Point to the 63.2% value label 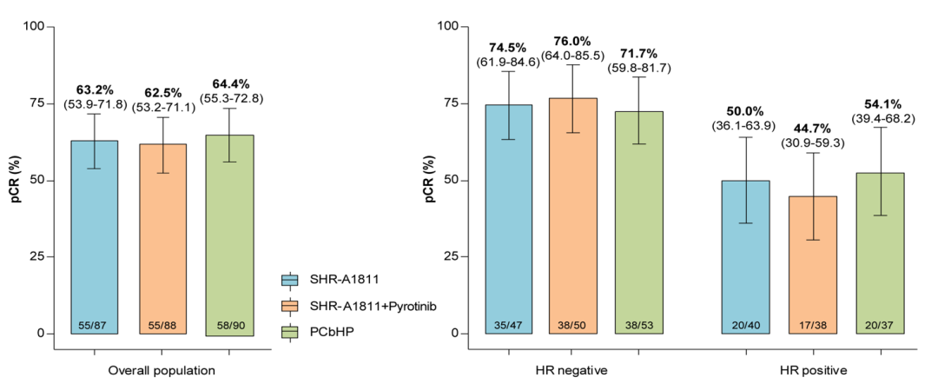95,89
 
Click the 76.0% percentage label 571,42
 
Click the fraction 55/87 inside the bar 94,323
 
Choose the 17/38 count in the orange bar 812,323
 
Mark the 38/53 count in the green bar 639,323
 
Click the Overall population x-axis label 162,371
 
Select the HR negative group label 571,371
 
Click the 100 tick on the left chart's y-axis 34,27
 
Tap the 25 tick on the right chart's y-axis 451,257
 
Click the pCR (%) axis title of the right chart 430,181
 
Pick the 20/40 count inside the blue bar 744,323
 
